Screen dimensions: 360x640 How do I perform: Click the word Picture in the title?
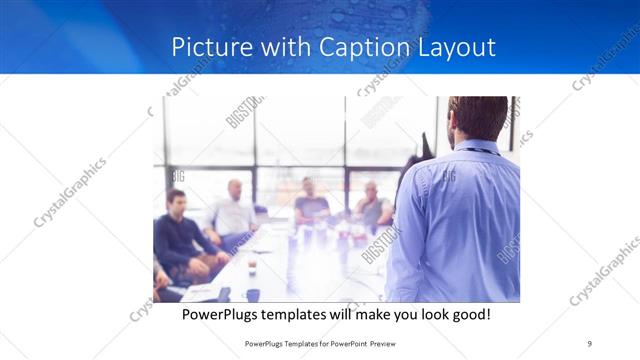(x=205, y=47)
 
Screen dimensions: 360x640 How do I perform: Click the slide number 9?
(x=590, y=344)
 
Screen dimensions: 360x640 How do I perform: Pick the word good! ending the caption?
(x=471, y=314)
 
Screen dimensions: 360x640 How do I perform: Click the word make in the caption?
(x=387, y=314)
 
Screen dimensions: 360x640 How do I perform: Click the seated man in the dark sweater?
(x=178, y=236)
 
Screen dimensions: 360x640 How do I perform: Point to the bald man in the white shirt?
(x=233, y=211)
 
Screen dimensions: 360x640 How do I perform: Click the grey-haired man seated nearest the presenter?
(x=371, y=206)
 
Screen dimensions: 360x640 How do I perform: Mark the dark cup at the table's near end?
(x=253, y=294)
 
